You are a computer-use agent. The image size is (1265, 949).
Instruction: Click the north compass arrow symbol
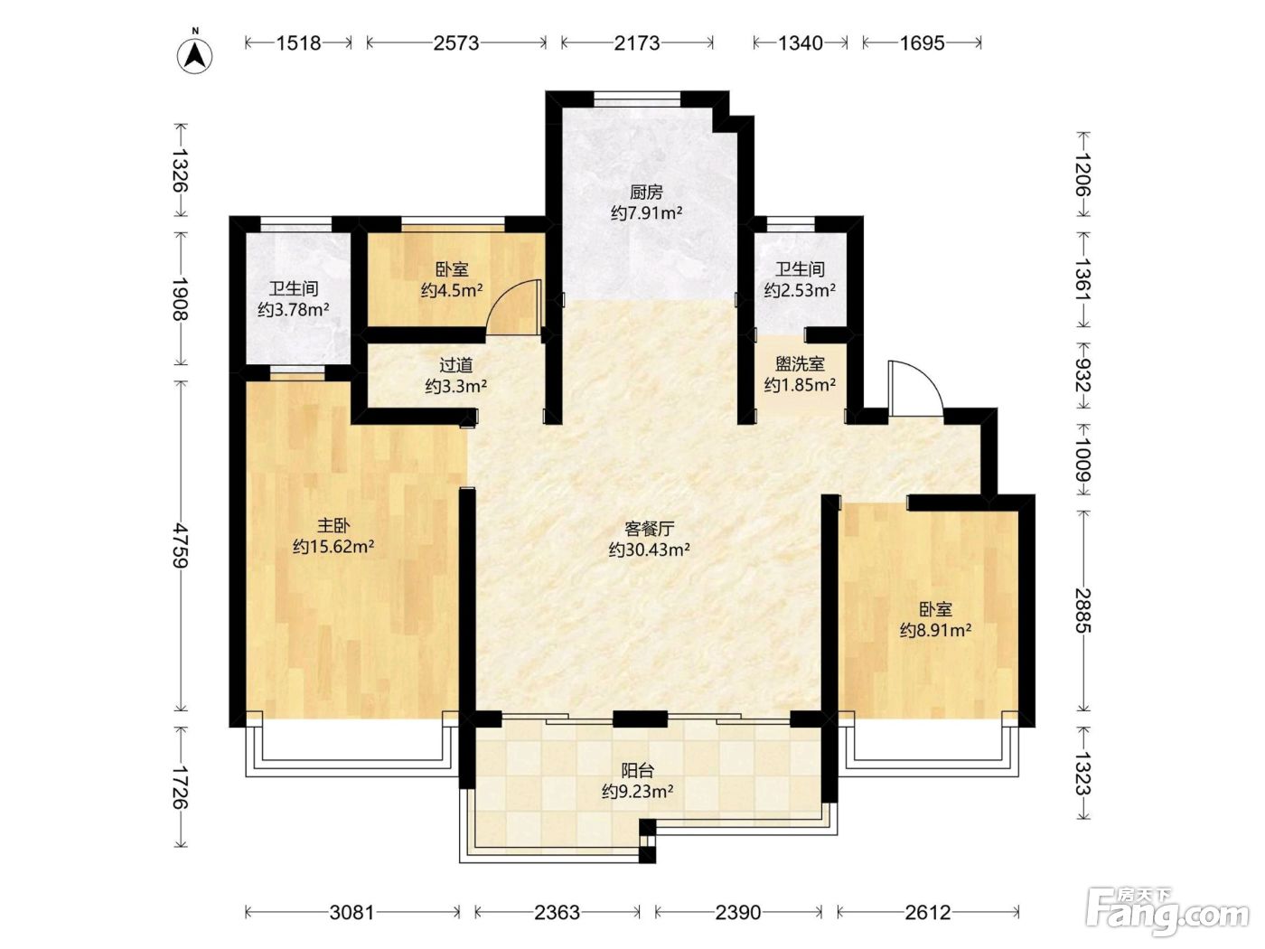(x=195, y=55)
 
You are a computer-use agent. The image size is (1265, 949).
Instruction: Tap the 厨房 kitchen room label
(x=646, y=192)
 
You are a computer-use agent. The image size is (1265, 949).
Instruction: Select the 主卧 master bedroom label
(x=333, y=525)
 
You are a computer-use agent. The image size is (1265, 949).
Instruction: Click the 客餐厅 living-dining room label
(x=650, y=529)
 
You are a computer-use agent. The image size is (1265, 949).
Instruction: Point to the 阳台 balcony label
(x=637, y=770)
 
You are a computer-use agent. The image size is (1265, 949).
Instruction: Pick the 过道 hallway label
(x=456, y=364)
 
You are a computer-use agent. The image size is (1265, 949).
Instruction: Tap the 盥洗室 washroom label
(x=800, y=363)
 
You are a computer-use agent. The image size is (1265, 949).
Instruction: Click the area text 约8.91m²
(x=935, y=630)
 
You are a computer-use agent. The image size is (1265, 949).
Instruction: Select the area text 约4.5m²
(x=452, y=290)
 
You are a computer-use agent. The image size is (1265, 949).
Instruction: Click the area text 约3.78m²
(x=294, y=310)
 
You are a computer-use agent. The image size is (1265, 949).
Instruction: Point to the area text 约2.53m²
(x=800, y=290)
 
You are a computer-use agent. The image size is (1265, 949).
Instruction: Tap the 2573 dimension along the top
(x=456, y=43)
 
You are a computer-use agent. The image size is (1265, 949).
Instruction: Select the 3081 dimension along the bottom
(x=351, y=912)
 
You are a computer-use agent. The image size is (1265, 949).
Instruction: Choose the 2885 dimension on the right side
(x=1083, y=610)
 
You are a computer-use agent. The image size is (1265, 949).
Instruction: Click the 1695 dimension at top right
(x=922, y=43)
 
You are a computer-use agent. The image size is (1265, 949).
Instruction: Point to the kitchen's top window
(x=637, y=99)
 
